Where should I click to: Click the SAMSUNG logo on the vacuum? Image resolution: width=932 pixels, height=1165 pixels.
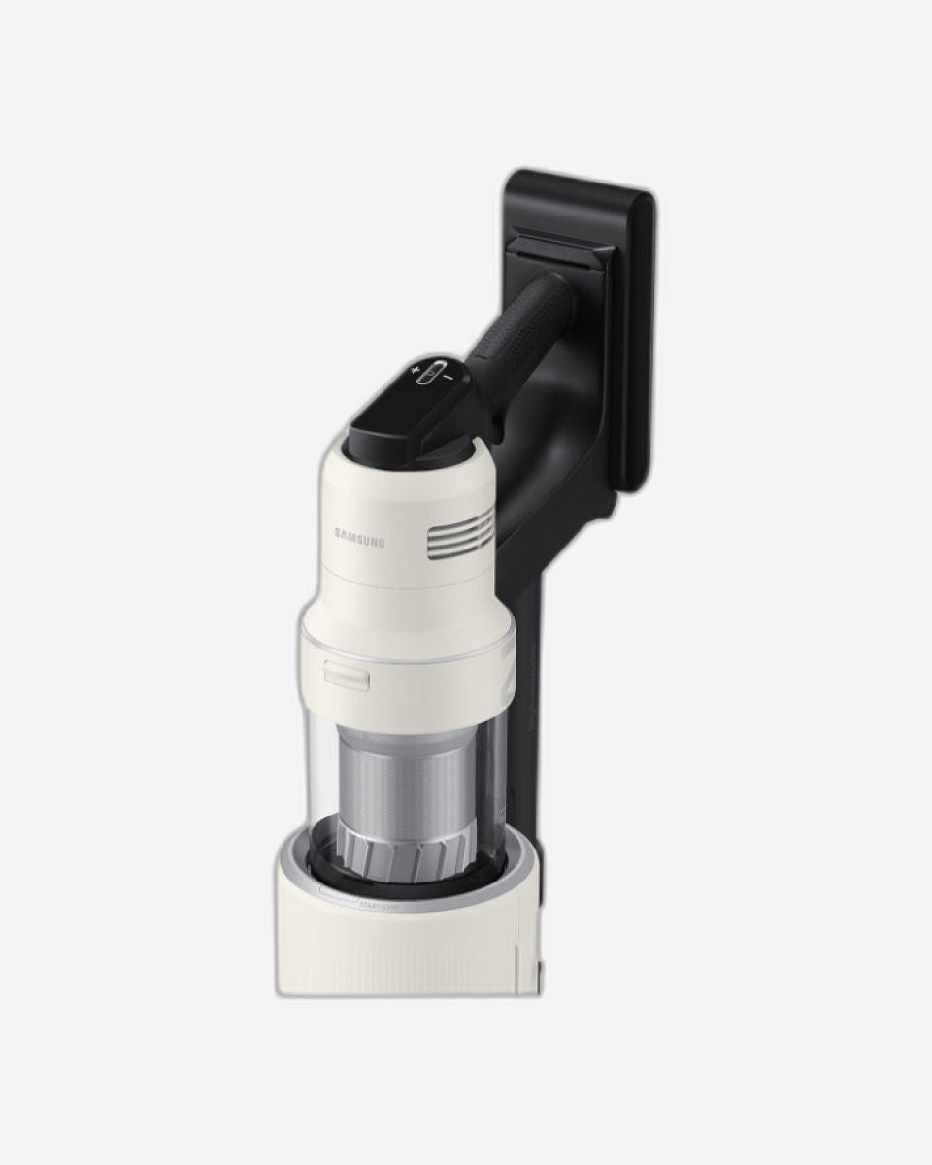tap(359, 533)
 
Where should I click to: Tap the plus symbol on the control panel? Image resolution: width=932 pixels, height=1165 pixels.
tap(415, 371)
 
